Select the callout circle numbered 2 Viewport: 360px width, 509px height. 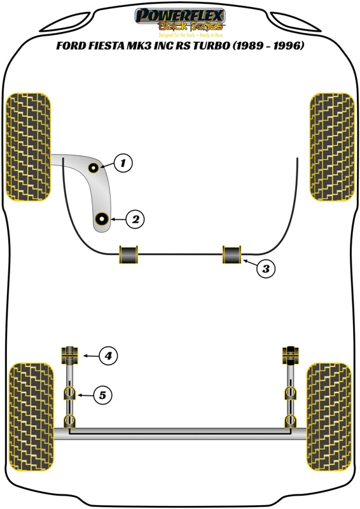tap(135, 220)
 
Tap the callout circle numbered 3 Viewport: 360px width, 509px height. tap(267, 269)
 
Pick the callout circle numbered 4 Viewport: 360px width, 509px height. tap(108, 356)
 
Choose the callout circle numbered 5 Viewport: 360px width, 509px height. tap(102, 395)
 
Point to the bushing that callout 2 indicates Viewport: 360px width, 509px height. tap(100, 220)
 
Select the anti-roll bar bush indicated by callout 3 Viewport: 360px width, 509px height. tap(232, 254)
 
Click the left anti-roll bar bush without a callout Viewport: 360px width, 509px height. tap(128, 254)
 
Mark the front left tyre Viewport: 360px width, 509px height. tap(27, 147)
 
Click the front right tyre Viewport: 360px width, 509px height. tap(331, 147)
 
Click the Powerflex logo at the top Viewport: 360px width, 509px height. tap(181, 20)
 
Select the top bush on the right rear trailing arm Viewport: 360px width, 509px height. tap(291, 354)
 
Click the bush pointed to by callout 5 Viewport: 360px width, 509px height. tap(69, 393)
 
